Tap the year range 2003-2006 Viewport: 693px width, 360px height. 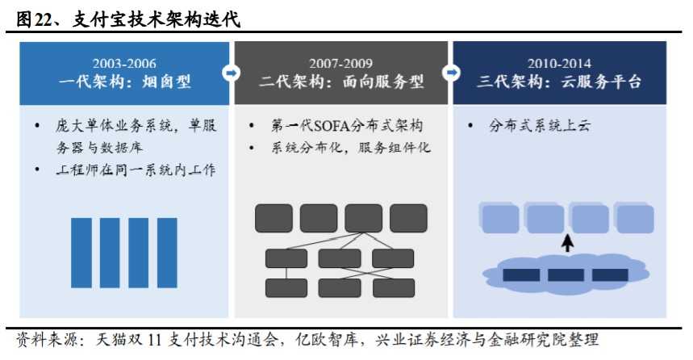click(x=124, y=63)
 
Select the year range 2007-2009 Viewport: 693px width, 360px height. click(x=341, y=63)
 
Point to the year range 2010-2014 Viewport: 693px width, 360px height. click(x=559, y=63)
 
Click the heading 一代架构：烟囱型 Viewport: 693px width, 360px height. click(x=124, y=82)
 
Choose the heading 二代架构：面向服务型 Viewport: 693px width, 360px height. click(x=341, y=82)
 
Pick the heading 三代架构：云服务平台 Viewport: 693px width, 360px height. click(x=559, y=82)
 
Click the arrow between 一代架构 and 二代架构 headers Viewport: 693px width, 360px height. click(x=232, y=73)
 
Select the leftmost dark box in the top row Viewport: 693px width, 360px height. click(x=273, y=218)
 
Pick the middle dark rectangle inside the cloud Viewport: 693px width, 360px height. click(x=566, y=275)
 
